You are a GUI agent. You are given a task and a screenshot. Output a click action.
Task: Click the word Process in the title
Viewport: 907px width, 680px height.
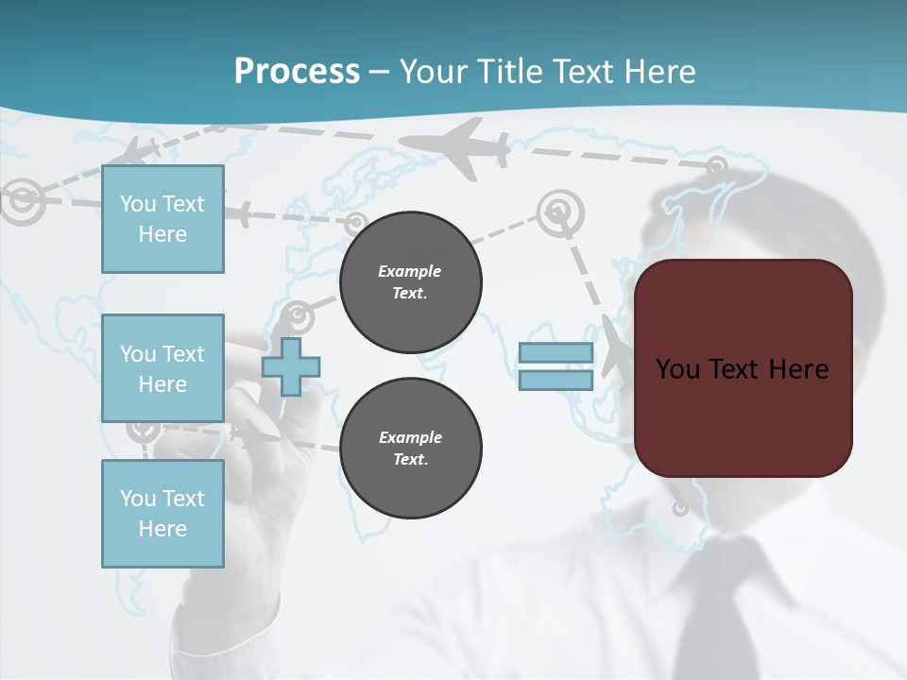(x=297, y=71)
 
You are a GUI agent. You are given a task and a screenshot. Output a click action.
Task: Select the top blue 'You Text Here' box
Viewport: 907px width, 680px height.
(x=163, y=219)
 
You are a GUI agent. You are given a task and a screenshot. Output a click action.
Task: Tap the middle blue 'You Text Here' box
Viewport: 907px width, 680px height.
(x=163, y=368)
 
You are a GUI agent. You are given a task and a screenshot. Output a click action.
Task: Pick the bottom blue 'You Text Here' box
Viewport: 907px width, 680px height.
(x=163, y=513)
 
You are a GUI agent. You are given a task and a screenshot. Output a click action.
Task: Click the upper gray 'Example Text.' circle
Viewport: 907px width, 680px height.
(x=410, y=282)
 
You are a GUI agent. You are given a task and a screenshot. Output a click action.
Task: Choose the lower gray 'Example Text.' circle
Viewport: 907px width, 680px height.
(x=410, y=449)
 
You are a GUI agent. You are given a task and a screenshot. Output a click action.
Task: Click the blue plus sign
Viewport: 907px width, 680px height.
(x=291, y=366)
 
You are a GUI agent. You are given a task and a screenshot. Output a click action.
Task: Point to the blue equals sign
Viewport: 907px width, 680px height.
(x=556, y=366)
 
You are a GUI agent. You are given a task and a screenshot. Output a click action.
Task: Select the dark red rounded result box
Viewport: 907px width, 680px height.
(x=744, y=367)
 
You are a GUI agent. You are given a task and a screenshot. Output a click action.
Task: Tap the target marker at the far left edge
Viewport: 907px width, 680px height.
(x=20, y=200)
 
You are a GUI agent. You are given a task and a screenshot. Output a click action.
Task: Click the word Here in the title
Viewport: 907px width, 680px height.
(x=659, y=71)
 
